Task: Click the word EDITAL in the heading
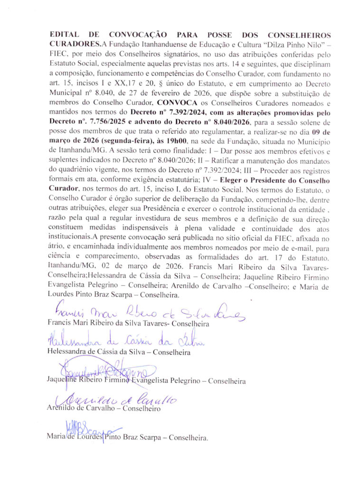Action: tap(65, 36)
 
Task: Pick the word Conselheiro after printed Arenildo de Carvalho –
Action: tap(142, 408)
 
